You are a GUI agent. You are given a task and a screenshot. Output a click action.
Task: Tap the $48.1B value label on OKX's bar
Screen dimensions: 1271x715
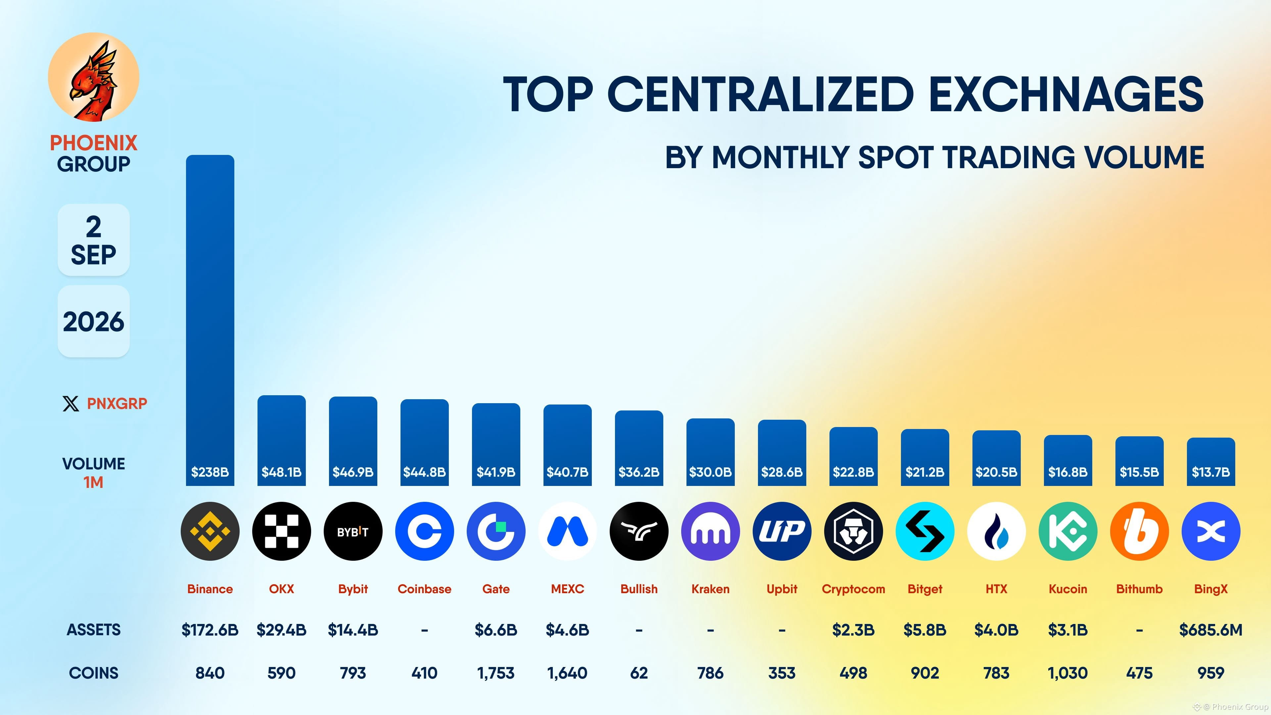coord(281,472)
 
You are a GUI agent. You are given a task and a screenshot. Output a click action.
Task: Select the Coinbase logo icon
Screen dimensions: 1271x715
coord(424,531)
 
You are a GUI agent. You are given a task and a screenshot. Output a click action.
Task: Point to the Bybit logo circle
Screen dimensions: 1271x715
coord(353,531)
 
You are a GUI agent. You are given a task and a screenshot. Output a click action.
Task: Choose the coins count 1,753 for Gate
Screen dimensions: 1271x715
coord(495,673)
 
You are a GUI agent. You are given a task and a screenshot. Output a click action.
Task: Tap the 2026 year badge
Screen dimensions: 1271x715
coord(94,321)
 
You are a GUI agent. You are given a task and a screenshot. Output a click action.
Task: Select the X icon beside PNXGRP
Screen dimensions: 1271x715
coord(71,404)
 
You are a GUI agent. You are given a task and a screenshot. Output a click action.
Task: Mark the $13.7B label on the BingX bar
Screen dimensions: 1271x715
coord(1210,472)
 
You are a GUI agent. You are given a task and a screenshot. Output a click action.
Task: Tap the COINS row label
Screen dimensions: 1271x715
coord(94,673)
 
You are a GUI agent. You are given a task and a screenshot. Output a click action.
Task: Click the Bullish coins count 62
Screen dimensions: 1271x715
coord(638,673)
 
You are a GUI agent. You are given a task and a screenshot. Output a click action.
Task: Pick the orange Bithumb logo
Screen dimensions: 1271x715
coord(1139,531)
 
